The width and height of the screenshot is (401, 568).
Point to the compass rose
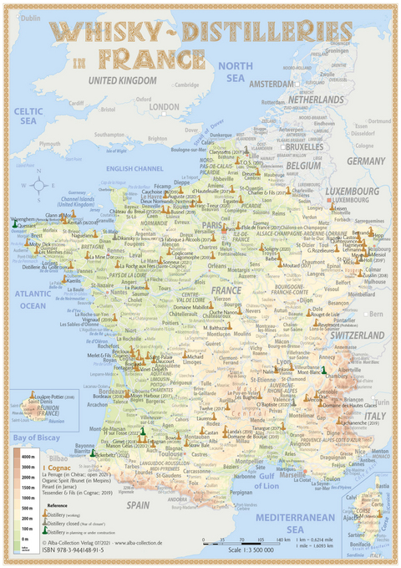click(44, 186)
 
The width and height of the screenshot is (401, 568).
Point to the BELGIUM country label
click(306, 165)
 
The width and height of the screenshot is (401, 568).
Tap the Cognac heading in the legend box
click(58, 466)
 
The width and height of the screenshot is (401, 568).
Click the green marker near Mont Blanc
click(323, 370)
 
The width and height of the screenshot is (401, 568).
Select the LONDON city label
click(165, 107)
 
